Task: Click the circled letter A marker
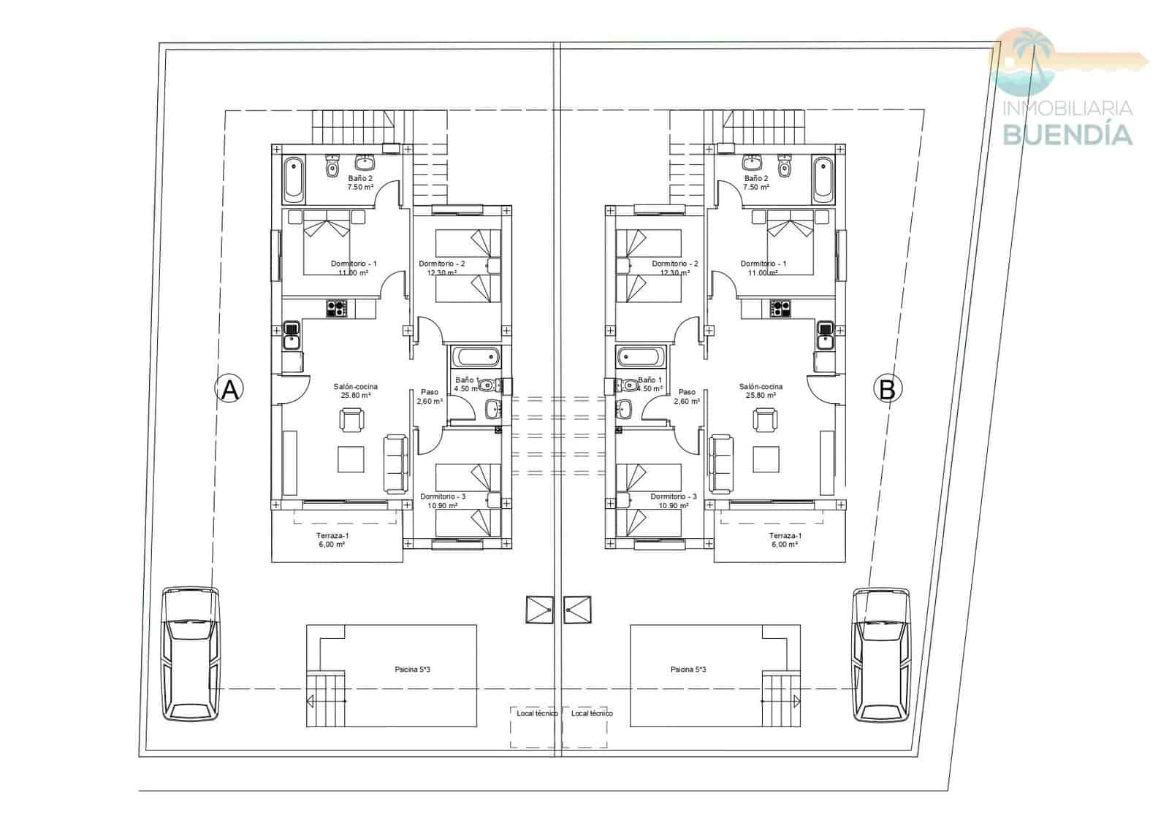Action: tap(229, 389)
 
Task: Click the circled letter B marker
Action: tap(887, 389)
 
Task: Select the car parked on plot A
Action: tap(190, 653)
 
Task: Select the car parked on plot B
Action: tap(882, 653)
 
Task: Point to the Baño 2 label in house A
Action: tap(360, 178)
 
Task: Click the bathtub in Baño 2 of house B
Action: tap(823, 179)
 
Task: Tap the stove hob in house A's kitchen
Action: tap(337, 309)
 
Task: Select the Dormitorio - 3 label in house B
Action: tap(674, 496)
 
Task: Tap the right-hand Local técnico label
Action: tap(592, 713)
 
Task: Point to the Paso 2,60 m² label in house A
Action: tap(430, 396)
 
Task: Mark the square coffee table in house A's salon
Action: tap(351, 459)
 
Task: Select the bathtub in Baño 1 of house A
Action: tap(476, 358)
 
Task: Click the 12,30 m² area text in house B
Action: tap(674, 273)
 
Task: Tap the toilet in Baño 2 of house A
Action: tap(332, 167)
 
